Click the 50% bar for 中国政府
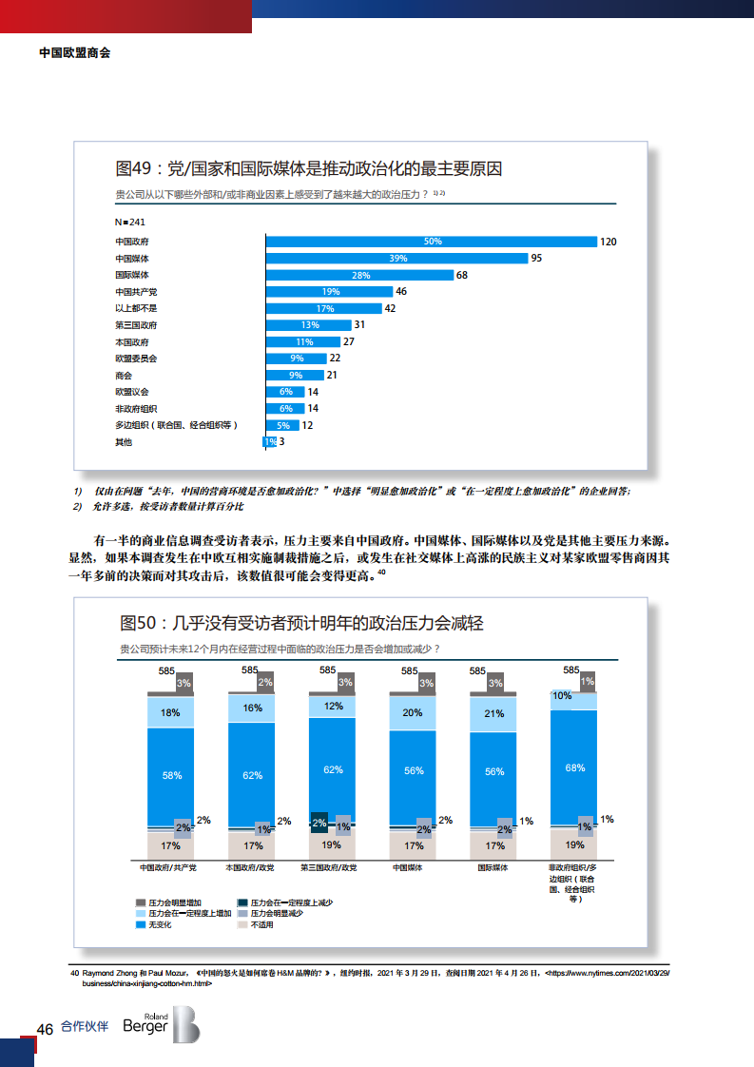tap(431, 242)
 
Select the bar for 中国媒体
tap(396, 258)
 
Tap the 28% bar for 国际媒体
tap(359, 275)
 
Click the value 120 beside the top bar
tap(609, 242)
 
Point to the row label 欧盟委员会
tap(136, 359)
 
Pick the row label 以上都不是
tap(136, 308)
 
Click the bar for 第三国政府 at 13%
tap(309, 325)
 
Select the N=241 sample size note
tap(129, 222)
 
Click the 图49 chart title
tap(308, 169)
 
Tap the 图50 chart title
tap(301, 624)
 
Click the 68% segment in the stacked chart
tap(575, 767)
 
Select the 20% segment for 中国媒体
tap(414, 712)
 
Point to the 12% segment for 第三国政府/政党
tap(333, 706)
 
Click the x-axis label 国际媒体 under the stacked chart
tap(493, 868)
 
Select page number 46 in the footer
tap(44, 1029)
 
